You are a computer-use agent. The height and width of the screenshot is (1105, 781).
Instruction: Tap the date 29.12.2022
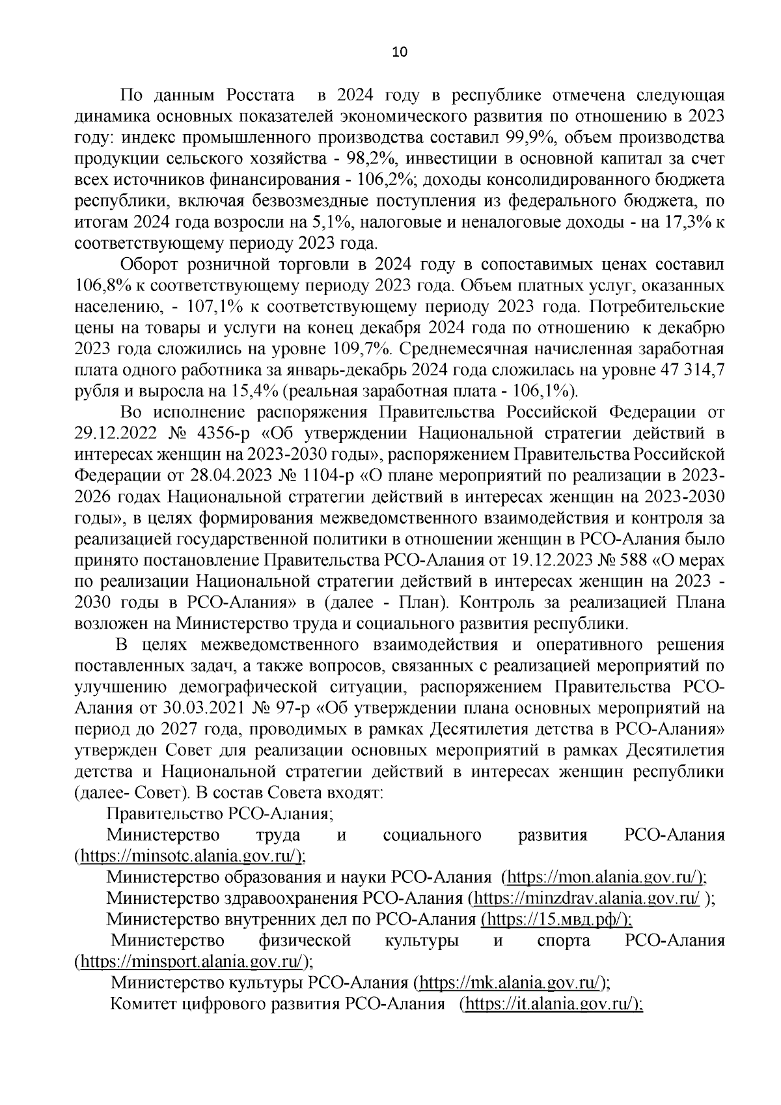[113, 434]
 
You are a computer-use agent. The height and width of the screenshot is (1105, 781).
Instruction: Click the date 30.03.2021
[191, 708]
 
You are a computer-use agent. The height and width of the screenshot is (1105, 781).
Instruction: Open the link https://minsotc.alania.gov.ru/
[189, 856]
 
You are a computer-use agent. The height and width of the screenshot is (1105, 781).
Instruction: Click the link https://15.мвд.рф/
[556, 919]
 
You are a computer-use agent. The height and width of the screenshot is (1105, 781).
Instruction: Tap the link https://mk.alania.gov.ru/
[509, 983]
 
